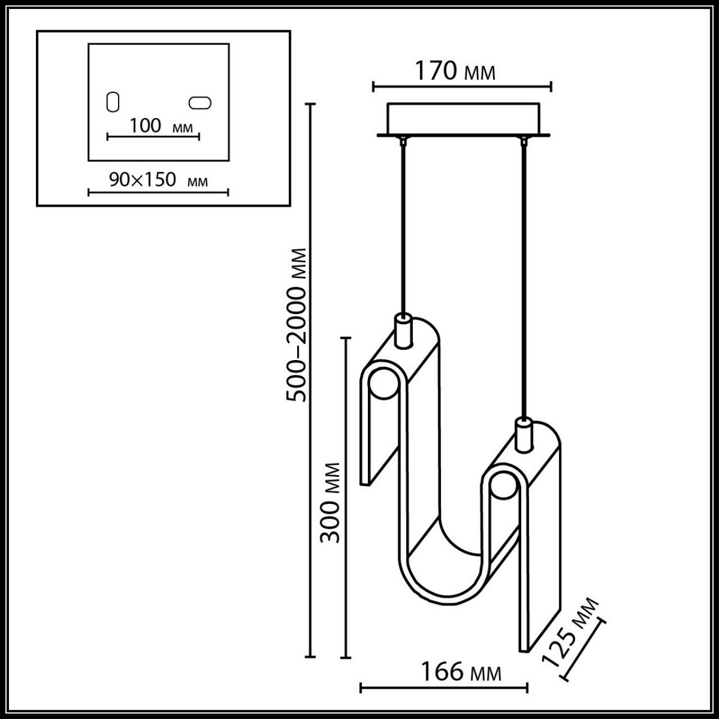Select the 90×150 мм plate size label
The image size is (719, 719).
pos(158,179)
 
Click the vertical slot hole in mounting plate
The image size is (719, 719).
pos(112,102)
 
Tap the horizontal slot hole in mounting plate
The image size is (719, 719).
pos(200,103)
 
